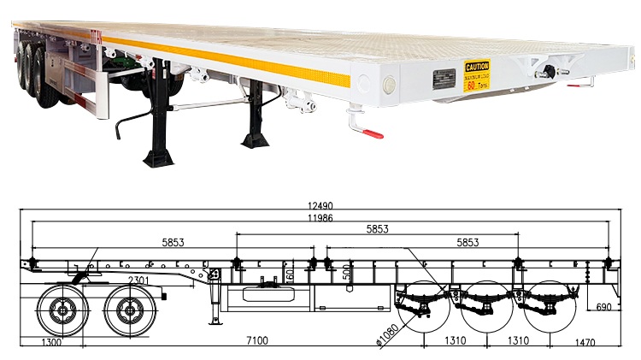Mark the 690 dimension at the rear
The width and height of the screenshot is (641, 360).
(603, 305)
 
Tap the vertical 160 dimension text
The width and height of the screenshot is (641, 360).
(290, 276)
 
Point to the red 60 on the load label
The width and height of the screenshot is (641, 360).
(471, 86)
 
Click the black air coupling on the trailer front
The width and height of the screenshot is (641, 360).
(542, 74)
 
